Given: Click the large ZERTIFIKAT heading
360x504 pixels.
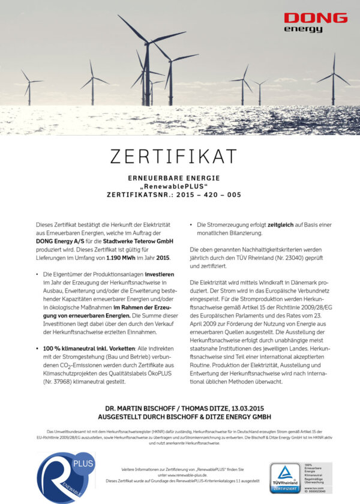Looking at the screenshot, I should pyautogui.click(x=173, y=156).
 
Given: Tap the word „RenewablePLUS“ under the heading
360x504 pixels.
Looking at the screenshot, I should pyautogui.click(x=173, y=186).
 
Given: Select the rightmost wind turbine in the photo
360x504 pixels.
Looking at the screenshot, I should pyautogui.click(x=334, y=78).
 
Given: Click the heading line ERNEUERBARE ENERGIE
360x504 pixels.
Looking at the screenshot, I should pyautogui.click(x=173, y=178).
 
